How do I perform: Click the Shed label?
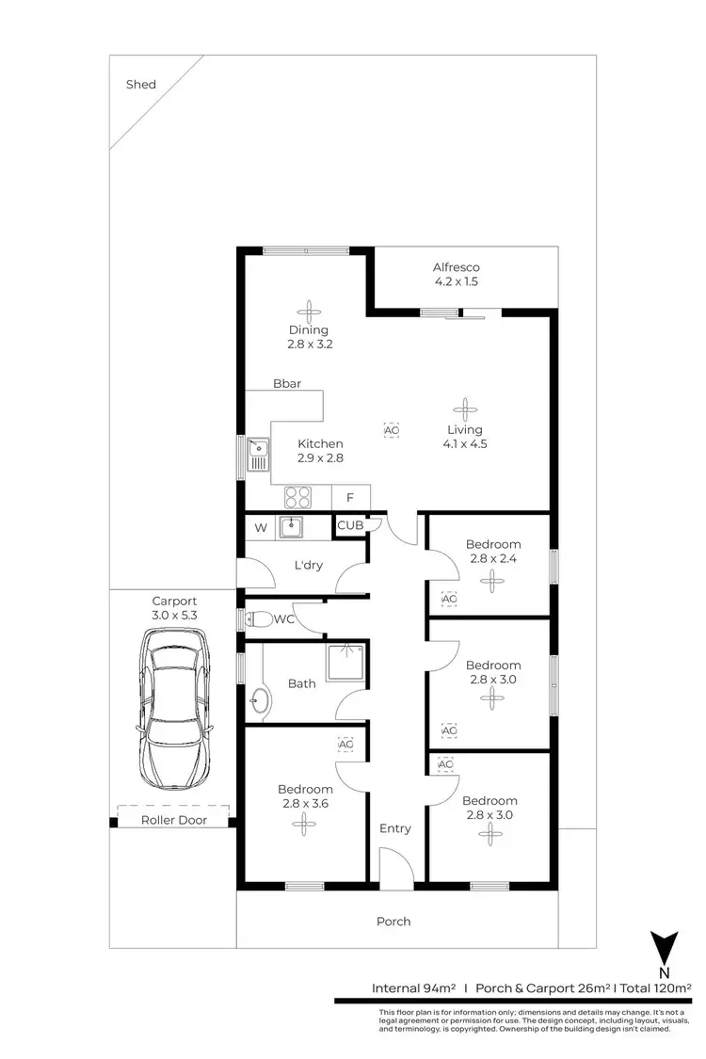point(141,85)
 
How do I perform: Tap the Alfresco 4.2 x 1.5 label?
point(457,274)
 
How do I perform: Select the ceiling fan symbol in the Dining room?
point(309,311)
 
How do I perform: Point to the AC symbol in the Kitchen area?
point(392,429)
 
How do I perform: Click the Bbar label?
point(287,384)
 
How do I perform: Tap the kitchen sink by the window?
point(257,457)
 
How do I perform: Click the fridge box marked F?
point(350,497)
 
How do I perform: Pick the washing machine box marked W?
point(261,528)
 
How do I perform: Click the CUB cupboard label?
point(350,525)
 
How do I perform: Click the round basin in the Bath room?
point(260,699)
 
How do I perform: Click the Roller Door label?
point(174,820)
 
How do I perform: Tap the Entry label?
point(395,828)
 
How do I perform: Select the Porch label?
point(393,921)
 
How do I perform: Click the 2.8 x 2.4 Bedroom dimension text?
point(494,558)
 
